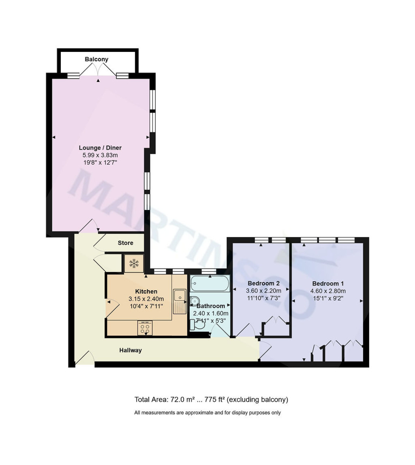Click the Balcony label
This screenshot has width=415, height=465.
tap(96, 59)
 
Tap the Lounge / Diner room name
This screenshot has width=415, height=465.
tap(100, 148)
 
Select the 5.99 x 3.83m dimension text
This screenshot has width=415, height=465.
tap(100, 155)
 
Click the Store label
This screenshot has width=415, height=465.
tap(125, 243)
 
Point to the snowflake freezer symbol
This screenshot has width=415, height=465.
tap(134, 264)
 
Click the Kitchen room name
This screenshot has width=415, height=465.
tap(146, 291)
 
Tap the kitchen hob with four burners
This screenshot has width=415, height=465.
tap(145, 328)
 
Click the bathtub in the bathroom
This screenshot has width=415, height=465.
tap(209, 284)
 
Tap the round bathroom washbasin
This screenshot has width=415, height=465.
tap(194, 301)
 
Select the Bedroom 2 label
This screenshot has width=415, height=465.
tap(263, 283)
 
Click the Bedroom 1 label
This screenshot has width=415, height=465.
tap(328, 283)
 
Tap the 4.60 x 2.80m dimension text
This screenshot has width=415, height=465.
tap(328, 291)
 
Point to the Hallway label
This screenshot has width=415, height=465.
tap(130, 350)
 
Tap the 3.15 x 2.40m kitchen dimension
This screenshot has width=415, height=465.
tap(146, 299)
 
